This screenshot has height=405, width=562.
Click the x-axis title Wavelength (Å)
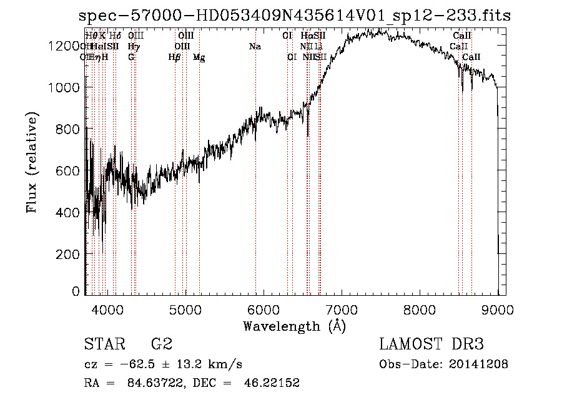pos(294,326)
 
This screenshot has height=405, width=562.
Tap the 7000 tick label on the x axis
pos(342,309)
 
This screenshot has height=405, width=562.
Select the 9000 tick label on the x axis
pos(498,309)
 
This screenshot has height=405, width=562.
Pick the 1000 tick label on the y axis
pos(66,88)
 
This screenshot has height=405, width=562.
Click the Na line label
pos(255,46)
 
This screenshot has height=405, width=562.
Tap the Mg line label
pos(199,57)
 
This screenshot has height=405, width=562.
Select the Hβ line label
pos(175,57)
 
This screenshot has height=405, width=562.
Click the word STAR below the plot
pos(104,344)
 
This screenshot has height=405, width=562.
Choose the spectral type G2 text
pos(162,344)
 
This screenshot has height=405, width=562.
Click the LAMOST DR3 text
pos(431,344)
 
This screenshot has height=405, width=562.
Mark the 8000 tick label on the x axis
pos(420,309)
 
